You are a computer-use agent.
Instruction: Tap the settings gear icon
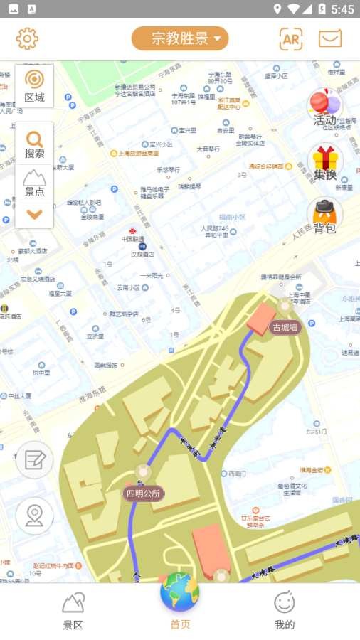coord(27,38)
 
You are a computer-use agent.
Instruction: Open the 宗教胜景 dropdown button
coord(180,38)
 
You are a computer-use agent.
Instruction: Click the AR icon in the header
coord(290,39)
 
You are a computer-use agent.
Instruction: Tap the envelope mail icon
coord(330,39)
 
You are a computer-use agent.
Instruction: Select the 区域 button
coord(34,86)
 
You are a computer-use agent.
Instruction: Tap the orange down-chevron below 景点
coord(34,213)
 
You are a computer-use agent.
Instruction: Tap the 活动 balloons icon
coord(324,107)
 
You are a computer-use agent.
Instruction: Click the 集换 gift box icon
coord(325,162)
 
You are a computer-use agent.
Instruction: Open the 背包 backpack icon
coord(325,215)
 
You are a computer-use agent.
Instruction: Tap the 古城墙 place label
coord(285,328)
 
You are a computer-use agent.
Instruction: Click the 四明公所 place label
coord(144,493)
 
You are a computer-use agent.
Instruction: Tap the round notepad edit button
coord(34,459)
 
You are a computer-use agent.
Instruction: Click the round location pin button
coord(34,516)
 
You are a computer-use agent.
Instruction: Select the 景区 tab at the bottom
coord(73,612)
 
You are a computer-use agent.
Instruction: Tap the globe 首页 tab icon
coord(180,594)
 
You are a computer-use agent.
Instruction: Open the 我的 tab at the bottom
coord(285,612)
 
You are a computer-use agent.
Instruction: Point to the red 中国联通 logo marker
coord(132,230)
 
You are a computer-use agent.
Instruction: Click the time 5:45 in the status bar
coord(342,9)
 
